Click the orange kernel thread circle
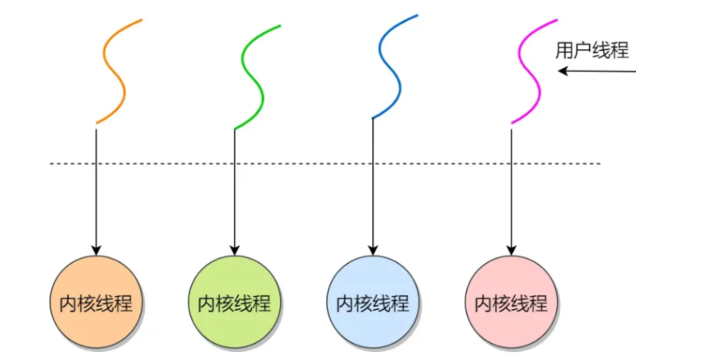(x=96, y=303)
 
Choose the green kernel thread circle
(x=234, y=303)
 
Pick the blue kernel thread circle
(x=373, y=303)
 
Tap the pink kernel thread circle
(x=512, y=303)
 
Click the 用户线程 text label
(x=592, y=50)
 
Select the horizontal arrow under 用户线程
(x=597, y=71)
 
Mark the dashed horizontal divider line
(x=325, y=163)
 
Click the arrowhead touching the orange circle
(x=96, y=250)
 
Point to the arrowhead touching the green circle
(x=234, y=250)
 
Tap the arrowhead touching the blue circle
(x=373, y=250)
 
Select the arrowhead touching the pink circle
(x=512, y=250)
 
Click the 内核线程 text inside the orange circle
(x=96, y=303)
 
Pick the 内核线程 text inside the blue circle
(x=373, y=303)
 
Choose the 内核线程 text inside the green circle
(x=234, y=303)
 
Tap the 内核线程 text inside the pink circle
(x=512, y=303)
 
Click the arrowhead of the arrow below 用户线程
(x=563, y=71)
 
